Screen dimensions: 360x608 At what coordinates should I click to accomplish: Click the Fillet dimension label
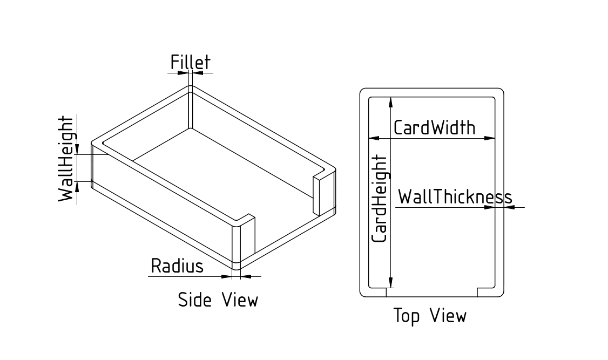click(x=190, y=62)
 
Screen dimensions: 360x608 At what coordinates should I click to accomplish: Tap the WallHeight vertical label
click(x=66, y=159)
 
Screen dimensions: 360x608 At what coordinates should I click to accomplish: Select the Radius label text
click(x=177, y=266)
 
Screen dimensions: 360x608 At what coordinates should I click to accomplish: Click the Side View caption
click(x=218, y=300)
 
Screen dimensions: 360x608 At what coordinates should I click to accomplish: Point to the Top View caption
click(x=429, y=316)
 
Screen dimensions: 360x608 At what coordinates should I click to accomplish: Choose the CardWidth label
click(x=435, y=128)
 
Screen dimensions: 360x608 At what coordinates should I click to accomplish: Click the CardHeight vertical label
click(x=380, y=198)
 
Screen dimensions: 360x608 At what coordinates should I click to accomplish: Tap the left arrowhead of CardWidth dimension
click(x=373, y=138)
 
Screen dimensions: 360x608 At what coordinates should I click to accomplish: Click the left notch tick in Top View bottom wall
click(x=386, y=292)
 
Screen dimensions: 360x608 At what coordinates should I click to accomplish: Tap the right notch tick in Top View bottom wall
click(x=477, y=292)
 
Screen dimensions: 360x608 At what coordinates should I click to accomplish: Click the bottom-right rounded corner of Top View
click(x=501, y=293)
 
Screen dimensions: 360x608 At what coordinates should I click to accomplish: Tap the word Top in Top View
click(x=406, y=317)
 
